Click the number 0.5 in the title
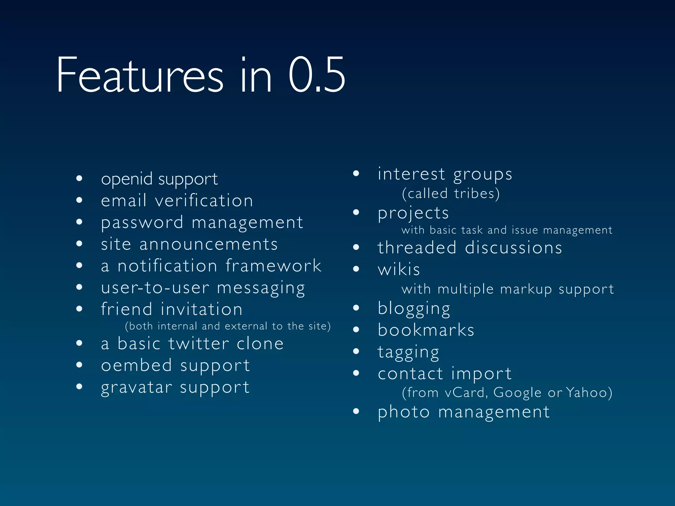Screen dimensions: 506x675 click(x=316, y=75)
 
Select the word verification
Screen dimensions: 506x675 click(x=204, y=201)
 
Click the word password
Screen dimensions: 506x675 click(x=142, y=223)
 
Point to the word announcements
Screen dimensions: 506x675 click(x=208, y=244)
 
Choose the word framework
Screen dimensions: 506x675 click(x=273, y=266)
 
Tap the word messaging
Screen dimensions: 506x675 click(x=261, y=288)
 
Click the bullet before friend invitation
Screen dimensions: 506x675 click(x=79, y=309)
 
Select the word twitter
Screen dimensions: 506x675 click(x=198, y=344)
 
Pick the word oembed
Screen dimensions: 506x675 click(x=136, y=365)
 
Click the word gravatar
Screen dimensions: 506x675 click(x=136, y=388)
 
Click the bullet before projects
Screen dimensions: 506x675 click(x=356, y=212)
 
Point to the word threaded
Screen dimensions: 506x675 click(x=417, y=248)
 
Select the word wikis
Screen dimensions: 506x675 click(x=399, y=269)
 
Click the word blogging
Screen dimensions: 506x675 click(x=414, y=309)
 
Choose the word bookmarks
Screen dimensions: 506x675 click(x=426, y=330)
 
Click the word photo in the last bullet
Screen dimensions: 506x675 click(x=404, y=412)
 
